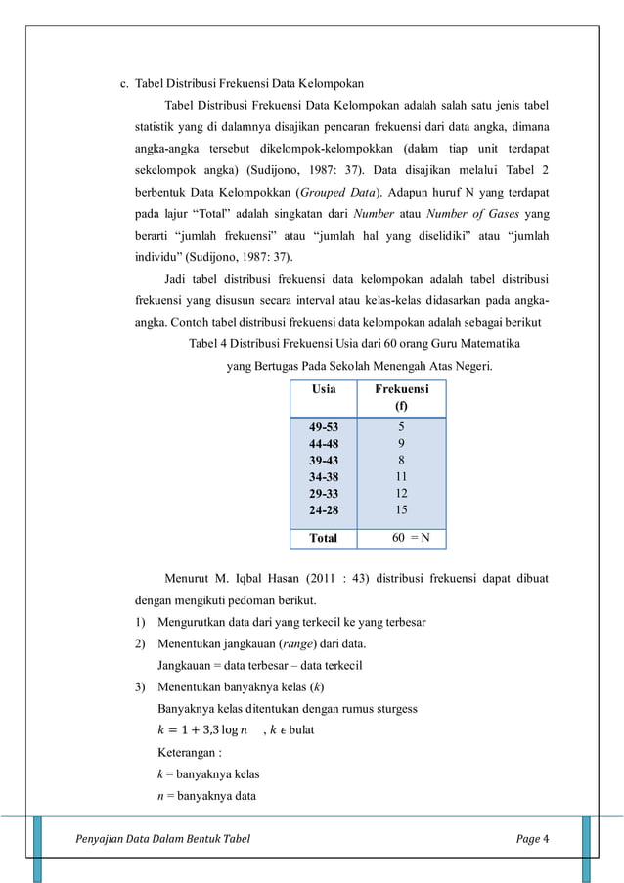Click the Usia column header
(x=323, y=388)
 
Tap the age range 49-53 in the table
(x=324, y=427)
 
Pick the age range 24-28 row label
(x=324, y=509)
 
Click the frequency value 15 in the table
(x=401, y=509)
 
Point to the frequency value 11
(x=401, y=476)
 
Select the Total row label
(x=323, y=538)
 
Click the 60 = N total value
(x=410, y=538)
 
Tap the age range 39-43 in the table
(x=324, y=460)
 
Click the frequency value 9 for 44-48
(x=401, y=443)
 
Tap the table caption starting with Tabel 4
(x=353, y=343)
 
